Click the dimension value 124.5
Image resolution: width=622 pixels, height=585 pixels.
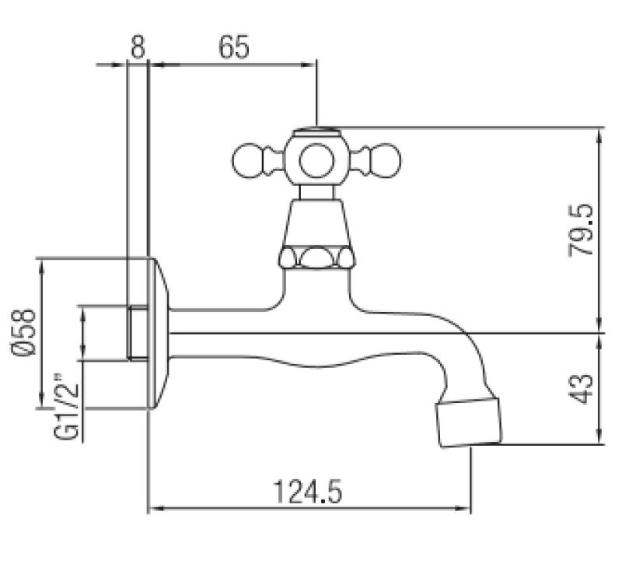[x=308, y=492]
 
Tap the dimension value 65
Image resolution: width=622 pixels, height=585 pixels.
[x=233, y=47]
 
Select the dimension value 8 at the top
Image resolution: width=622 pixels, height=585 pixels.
[x=137, y=47]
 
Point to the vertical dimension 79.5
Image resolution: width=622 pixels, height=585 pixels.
[x=583, y=230]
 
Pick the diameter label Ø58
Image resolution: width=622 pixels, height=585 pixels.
[x=24, y=333]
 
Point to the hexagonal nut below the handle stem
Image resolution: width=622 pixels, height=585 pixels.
[x=317, y=257]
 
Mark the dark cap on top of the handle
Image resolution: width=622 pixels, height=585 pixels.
[x=316, y=130]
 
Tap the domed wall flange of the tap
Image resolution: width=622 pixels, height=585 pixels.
[x=159, y=333]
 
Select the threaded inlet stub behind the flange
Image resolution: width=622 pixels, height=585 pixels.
[x=137, y=333]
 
